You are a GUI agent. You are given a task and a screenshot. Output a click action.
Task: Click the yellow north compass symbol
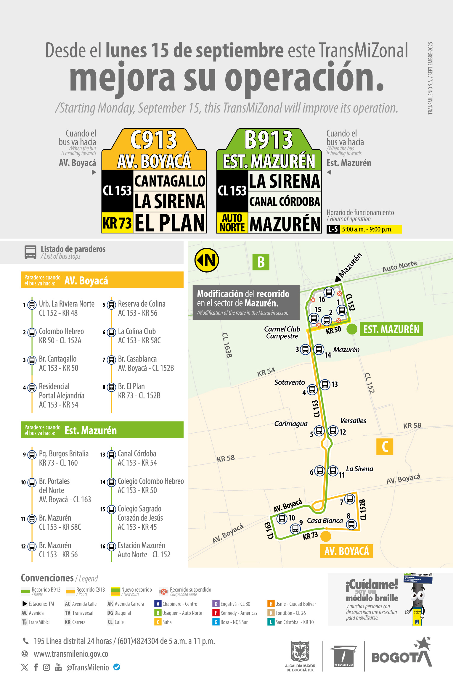tap(207, 260)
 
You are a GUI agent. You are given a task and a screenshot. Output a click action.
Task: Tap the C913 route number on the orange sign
tap(154, 140)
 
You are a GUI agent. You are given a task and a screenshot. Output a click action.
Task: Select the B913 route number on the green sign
tap(269, 140)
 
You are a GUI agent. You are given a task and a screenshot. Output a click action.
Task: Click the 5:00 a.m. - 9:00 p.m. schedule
tap(367, 229)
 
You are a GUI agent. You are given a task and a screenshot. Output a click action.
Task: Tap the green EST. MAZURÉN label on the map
tap(391, 329)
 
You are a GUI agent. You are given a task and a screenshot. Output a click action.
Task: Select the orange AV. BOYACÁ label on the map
tap(346, 551)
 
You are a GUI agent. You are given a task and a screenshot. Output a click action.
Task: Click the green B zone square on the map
tap(261, 262)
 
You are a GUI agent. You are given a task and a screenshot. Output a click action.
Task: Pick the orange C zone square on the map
tap(385, 446)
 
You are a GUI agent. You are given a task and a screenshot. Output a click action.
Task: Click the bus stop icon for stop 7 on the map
tap(350, 499)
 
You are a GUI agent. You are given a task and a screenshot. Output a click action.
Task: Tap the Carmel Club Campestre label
tap(282, 332)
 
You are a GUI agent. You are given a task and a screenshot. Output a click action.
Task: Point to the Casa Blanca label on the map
tap(325, 521)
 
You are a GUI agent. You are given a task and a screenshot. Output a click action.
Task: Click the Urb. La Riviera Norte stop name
tap(67, 304)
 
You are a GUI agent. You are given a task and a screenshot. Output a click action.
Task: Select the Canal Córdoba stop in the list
tap(137, 454)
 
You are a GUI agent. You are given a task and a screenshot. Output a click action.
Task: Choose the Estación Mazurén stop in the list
tap(141, 545)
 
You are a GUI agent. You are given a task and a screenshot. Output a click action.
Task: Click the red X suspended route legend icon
tap(163, 592)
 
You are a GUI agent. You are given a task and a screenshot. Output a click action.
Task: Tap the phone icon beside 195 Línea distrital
tap(26, 641)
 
